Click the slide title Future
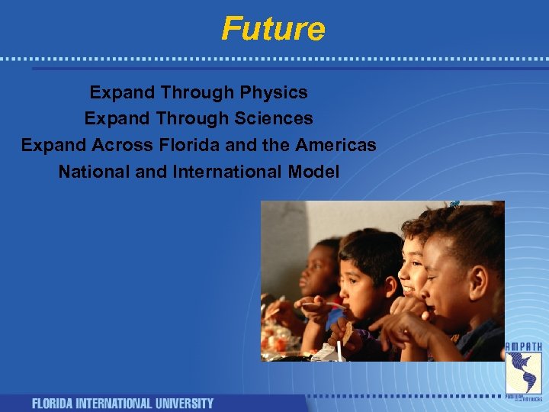pyautogui.click(x=273, y=29)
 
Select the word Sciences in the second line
pyautogui.click(x=275, y=119)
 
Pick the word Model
pyautogui.click(x=313, y=172)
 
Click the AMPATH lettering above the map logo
pyautogui.click(x=524, y=347)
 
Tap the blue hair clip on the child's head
pyautogui.click(x=455, y=204)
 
